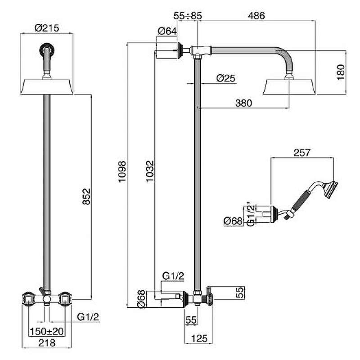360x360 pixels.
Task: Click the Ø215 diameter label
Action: [47, 27]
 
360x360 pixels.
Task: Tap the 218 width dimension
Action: [47, 343]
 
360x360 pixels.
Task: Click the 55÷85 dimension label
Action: [188, 15]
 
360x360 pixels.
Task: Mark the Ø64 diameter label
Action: [167, 31]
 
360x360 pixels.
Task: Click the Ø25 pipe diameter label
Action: [225, 78]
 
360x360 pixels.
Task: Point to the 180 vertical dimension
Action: [341, 72]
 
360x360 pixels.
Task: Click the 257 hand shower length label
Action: [302, 153]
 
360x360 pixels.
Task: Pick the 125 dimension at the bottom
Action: [198, 338]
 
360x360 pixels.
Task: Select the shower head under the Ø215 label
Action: [47, 86]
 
